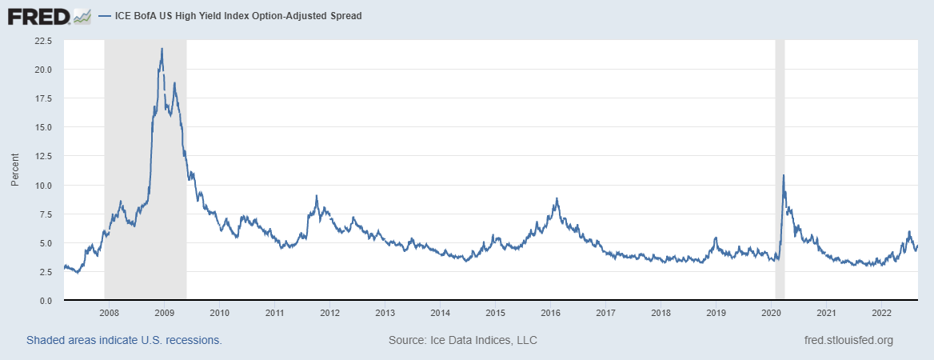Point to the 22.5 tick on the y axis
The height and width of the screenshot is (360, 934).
[42, 40]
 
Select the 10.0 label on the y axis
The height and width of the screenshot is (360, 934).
[42, 185]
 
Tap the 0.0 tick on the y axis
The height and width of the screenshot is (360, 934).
[45, 301]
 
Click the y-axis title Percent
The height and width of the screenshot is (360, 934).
[15, 170]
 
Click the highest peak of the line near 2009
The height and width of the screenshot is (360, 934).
[162, 49]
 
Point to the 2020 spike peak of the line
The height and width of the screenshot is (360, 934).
[783, 175]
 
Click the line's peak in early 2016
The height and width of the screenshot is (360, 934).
[557, 198]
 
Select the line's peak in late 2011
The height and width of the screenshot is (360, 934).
[317, 196]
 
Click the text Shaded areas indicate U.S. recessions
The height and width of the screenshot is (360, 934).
[124, 340]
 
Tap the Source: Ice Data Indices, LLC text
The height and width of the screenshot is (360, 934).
[462, 340]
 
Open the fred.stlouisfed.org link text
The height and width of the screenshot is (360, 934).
[848, 340]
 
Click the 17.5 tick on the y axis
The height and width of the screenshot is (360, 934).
[42, 98]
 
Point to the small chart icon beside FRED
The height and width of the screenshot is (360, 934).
[82, 15]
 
